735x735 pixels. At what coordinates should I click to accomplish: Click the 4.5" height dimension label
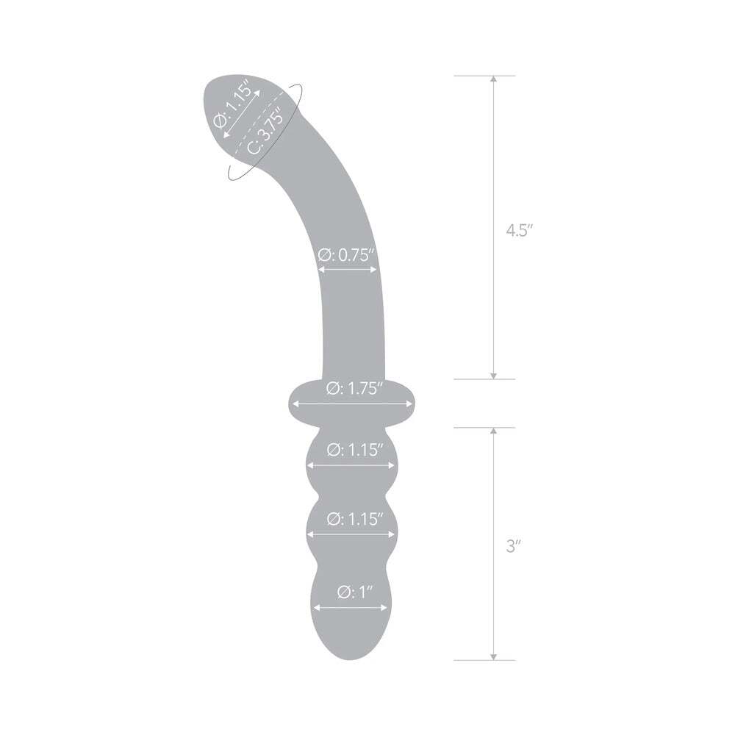[x=519, y=229]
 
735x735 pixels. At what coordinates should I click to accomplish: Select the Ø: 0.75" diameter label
[x=347, y=256]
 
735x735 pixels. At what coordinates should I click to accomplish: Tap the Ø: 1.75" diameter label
[x=356, y=389]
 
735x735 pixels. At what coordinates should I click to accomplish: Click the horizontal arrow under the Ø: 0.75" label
[x=348, y=270]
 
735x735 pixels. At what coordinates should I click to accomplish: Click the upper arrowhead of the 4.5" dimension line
[x=493, y=79]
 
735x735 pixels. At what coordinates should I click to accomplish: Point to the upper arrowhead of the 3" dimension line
[x=493, y=431]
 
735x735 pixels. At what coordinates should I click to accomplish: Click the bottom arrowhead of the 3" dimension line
[x=493, y=656]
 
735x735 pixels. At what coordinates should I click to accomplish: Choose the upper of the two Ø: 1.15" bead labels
[x=356, y=449]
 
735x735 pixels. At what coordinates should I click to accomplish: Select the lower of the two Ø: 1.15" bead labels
[x=356, y=519]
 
